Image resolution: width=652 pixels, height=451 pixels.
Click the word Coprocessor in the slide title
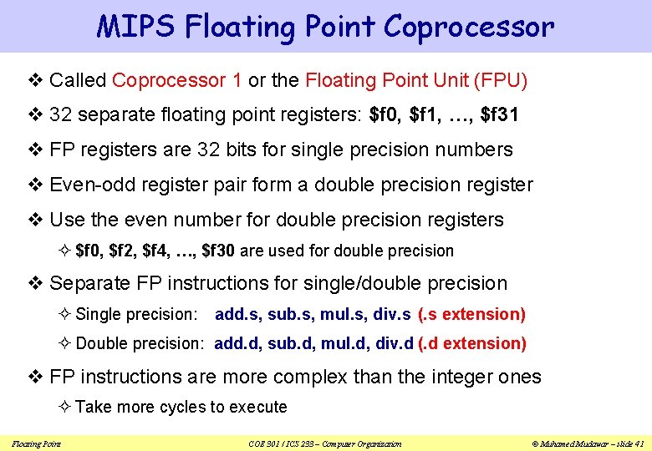pyautogui.click(x=468, y=27)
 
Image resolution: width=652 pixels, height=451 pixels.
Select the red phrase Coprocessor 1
pyautogui.click(x=177, y=80)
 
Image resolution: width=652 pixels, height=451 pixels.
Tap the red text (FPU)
pyautogui.click(x=500, y=80)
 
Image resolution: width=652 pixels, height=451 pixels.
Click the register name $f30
pyautogui.click(x=222, y=251)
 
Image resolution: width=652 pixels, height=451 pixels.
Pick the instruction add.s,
pyautogui.click(x=239, y=314)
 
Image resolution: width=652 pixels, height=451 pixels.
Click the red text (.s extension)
pyautogui.click(x=471, y=314)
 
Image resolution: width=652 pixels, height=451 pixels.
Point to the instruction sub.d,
pyautogui.click(x=292, y=343)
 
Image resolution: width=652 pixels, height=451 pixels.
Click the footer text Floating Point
pyautogui.click(x=36, y=443)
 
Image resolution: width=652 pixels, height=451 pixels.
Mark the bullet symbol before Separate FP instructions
pyautogui.click(x=38, y=284)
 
